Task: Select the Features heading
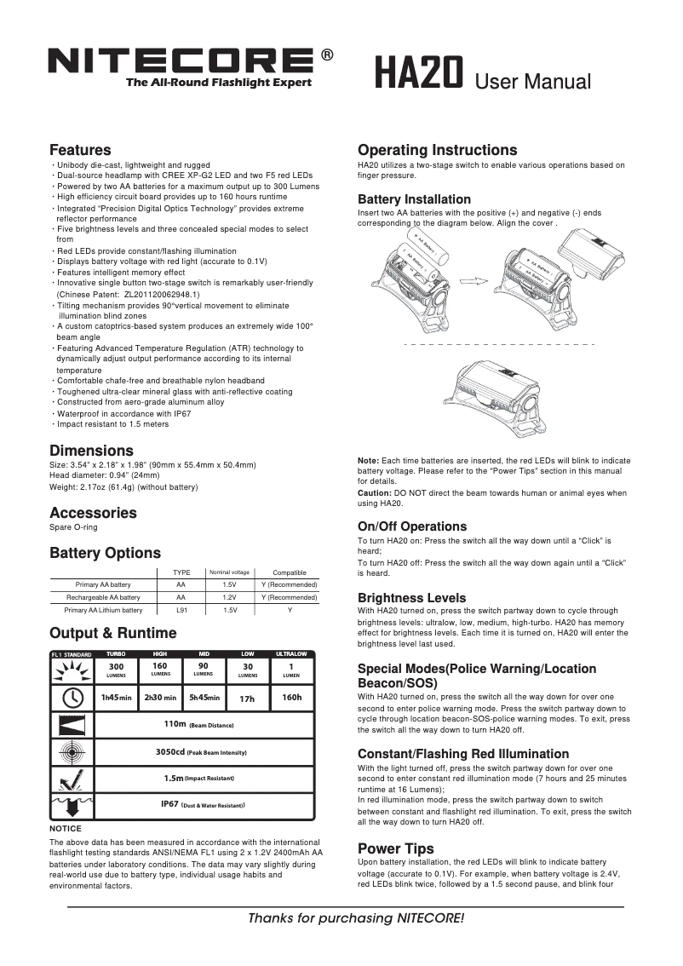[x=80, y=150]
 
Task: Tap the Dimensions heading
[x=91, y=451]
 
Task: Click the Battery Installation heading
[x=414, y=199]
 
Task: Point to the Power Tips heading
[x=395, y=848]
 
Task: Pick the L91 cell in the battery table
[x=181, y=610]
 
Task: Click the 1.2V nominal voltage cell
[x=229, y=598]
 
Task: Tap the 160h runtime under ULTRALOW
[x=291, y=698]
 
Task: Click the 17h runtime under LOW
[x=247, y=699]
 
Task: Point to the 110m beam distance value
[x=175, y=724]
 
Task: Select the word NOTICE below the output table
[x=66, y=828]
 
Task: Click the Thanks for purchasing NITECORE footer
[x=356, y=918]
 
